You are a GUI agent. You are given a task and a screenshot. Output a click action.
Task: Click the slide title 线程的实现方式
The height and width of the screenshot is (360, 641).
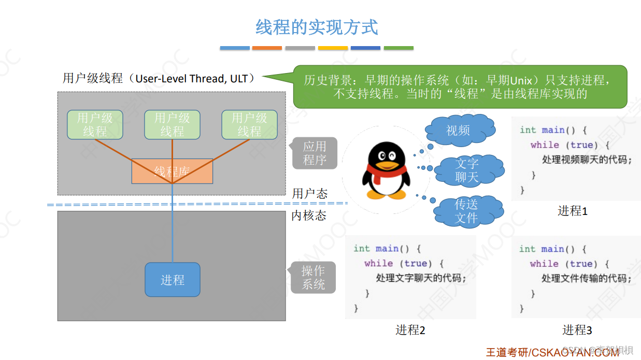coord(317,27)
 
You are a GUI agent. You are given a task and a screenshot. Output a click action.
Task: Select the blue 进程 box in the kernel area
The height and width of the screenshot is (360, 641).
coord(172,280)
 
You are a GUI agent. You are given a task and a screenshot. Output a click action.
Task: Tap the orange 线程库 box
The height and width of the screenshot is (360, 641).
coord(172,171)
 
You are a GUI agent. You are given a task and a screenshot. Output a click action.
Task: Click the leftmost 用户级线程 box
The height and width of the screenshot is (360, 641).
coord(95,125)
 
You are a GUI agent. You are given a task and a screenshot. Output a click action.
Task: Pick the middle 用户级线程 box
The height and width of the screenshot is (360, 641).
coord(172,125)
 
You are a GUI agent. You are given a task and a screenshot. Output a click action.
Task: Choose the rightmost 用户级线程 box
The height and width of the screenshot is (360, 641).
coord(249,125)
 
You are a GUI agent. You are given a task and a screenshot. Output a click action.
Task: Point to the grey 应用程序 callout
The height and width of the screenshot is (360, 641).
coord(315,153)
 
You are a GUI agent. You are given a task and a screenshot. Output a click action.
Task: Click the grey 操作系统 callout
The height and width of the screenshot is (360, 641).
coord(313,278)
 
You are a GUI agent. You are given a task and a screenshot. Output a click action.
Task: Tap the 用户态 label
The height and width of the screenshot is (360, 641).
coord(310,194)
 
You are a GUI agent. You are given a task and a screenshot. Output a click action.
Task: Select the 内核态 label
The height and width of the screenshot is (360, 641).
coord(309,215)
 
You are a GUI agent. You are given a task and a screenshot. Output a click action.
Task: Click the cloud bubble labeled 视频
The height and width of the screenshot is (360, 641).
coord(459,130)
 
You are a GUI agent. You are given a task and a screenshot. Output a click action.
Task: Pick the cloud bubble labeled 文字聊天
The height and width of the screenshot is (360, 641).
coord(467,170)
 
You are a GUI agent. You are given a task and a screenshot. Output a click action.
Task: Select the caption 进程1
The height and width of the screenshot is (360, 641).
coord(572,211)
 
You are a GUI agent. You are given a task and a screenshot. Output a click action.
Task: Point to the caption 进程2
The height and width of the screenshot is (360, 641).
coord(410,330)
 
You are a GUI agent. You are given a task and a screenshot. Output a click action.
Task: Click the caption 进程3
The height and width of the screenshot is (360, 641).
coord(577,330)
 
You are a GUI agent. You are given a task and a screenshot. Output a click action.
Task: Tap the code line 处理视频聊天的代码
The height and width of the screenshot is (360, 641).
coord(587,160)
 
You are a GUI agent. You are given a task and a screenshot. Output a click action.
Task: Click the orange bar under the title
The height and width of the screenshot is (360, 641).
coord(267,48)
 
